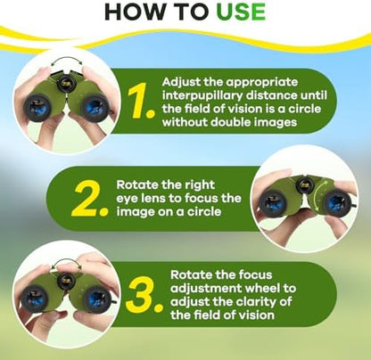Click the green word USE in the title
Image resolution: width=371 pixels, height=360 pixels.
(x=241, y=12)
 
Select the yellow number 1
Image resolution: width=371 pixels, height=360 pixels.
(x=140, y=100)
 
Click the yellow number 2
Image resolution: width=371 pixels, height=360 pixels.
(x=89, y=198)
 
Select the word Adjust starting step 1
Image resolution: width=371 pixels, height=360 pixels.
(x=181, y=83)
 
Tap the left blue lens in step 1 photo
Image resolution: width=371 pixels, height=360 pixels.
(x=38, y=106)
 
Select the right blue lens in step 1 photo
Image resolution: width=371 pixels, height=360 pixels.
(x=95, y=108)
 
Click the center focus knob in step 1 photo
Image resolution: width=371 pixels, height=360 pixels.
(x=65, y=83)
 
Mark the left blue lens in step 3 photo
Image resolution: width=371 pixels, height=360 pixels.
(x=35, y=298)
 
